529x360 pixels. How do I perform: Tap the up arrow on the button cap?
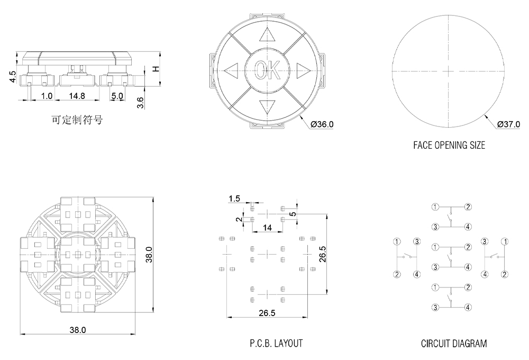(x=267, y=35)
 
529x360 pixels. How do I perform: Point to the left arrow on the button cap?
(x=231, y=70)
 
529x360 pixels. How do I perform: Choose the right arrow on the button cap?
(x=302, y=69)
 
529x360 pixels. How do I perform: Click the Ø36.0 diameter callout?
(x=322, y=124)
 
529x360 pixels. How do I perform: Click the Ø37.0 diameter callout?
(x=509, y=124)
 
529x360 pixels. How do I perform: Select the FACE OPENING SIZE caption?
(x=449, y=145)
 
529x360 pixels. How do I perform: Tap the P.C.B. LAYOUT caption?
(x=276, y=344)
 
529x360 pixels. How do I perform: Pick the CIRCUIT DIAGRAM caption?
(x=454, y=344)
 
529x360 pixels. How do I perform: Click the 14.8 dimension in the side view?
(x=77, y=96)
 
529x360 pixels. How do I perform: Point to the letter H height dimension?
(x=156, y=69)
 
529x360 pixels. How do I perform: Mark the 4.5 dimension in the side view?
(x=13, y=77)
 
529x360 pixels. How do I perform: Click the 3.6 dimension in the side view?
(x=140, y=102)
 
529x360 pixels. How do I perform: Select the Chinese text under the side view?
(x=77, y=120)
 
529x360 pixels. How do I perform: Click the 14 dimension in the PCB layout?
(x=267, y=227)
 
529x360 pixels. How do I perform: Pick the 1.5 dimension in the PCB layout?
(x=234, y=199)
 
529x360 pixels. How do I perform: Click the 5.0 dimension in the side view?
(x=117, y=96)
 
